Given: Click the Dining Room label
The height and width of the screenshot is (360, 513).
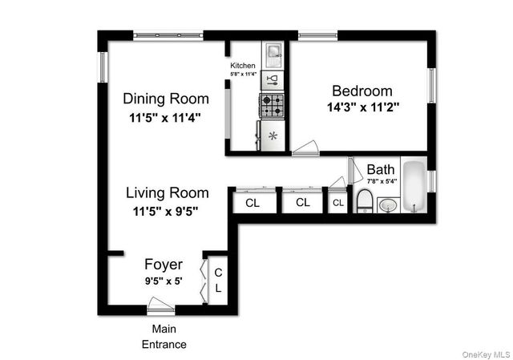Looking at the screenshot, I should pyautogui.click(x=166, y=99).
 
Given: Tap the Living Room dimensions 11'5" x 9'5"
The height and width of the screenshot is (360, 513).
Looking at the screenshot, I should pyautogui.click(x=166, y=212).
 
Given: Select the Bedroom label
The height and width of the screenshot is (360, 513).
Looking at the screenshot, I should pyautogui.click(x=362, y=91).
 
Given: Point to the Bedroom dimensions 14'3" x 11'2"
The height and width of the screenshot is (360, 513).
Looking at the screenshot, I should pyautogui.click(x=363, y=106).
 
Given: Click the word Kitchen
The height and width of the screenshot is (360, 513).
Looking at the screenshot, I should pyautogui.click(x=243, y=66).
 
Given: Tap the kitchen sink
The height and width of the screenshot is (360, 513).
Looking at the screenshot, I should pyautogui.click(x=273, y=54).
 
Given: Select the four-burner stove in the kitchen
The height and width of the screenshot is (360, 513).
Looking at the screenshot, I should pyautogui.click(x=273, y=105).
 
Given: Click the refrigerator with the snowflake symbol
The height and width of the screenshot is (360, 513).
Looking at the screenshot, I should pyautogui.click(x=272, y=136).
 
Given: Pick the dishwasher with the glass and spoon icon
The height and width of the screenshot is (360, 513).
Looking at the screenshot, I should pyautogui.click(x=273, y=79).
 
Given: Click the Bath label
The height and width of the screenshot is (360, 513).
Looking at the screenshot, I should pyautogui.click(x=381, y=170).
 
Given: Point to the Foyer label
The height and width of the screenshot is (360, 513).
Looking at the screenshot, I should pyautogui.click(x=164, y=265).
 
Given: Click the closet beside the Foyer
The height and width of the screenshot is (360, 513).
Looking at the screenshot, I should pyautogui.click(x=217, y=281).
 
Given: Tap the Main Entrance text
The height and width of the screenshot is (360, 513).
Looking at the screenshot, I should pyautogui.click(x=164, y=337).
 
